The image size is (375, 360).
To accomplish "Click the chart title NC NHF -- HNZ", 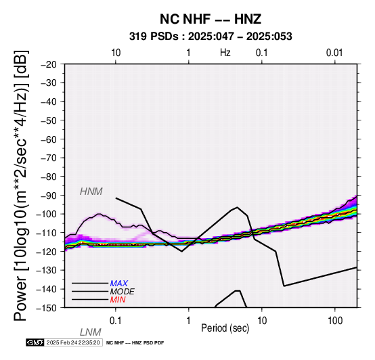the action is click(211, 19).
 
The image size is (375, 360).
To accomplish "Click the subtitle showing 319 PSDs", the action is click(211, 37).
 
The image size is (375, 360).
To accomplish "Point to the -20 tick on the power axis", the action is click(49, 64).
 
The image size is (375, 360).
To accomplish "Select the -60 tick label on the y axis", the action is click(49, 139).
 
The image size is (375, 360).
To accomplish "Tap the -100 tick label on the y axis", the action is click(47, 215).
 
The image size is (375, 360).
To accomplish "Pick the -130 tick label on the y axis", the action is click(47, 271).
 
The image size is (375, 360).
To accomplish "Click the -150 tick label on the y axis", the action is click(47, 308).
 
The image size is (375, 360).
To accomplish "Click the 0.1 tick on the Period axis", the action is click(116, 321).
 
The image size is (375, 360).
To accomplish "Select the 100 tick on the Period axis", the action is click(335, 321).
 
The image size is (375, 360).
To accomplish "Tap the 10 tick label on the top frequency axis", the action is click(116, 53).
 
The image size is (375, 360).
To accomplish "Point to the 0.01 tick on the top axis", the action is click(334, 53).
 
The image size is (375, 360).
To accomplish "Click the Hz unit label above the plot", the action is click(225, 53).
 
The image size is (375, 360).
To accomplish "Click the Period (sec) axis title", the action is click(225, 328).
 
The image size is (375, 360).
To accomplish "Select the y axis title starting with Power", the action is click(21, 186).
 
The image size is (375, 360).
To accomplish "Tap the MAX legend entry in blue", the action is click(119, 284).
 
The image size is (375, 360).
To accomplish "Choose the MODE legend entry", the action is click(123, 292).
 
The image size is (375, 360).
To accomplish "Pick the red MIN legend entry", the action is click(118, 300).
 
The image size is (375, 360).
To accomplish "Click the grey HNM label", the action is click(91, 192).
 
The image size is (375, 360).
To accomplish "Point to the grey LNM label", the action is click(91, 332).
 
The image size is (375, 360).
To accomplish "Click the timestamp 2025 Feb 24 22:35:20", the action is click(73, 343).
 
